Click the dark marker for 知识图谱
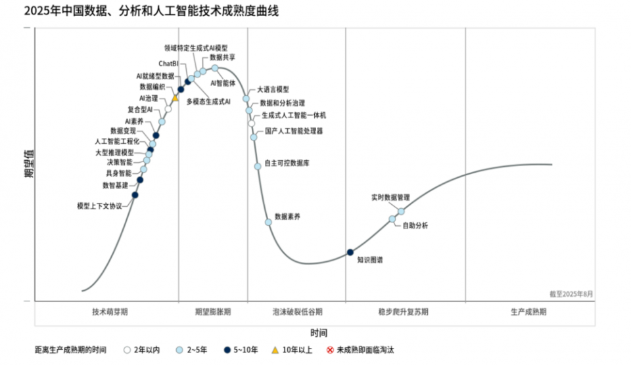[x=350, y=252]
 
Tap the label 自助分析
[x=415, y=226]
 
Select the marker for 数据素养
[x=268, y=222]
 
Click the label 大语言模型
[x=273, y=89]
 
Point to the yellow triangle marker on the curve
[x=175, y=98]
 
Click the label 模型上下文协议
[x=99, y=206]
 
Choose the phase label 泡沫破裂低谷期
[x=298, y=311]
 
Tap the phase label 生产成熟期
[x=528, y=311]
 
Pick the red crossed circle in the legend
[x=330, y=350]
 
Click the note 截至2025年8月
[x=571, y=294]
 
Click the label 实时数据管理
[x=390, y=197]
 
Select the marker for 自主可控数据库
[x=258, y=166]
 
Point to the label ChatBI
[x=168, y=64]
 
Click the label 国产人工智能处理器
[x=294, y=131]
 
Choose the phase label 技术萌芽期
[x=110, y=311]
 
